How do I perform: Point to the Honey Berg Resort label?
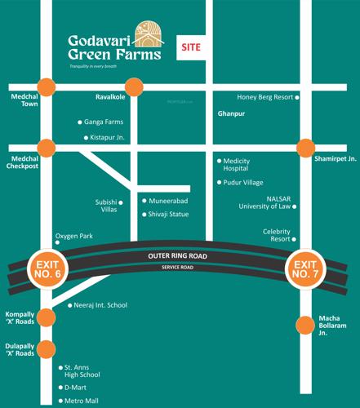coord(264,97)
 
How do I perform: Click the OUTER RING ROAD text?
coord(177,256)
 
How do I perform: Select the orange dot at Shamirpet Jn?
coord(305,148)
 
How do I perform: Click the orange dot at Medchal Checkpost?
coord(46,148)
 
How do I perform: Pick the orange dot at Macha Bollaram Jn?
coord(305,324)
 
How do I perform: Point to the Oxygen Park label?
coord(74,236)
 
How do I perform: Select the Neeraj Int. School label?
coord(100,305)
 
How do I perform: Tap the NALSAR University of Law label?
coord(268,202)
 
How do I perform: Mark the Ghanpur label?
coord(230,114)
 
